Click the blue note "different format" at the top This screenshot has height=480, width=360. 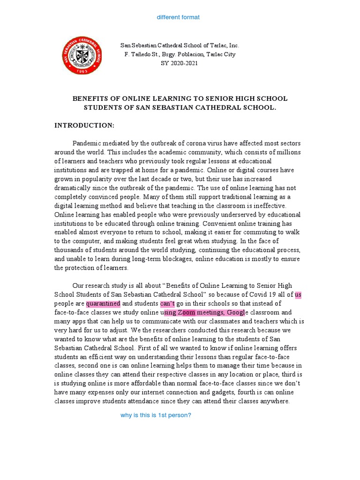(178, 17)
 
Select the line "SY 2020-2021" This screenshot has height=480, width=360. (180, 63)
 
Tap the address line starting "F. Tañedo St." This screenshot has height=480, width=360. (180, 54)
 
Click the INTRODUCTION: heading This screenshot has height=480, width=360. (84, 125)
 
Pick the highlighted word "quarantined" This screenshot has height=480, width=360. (103, 303)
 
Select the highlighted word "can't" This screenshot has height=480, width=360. (167, 303)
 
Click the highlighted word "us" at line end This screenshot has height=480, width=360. (298, 294)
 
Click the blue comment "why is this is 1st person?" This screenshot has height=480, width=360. (156, 415)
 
